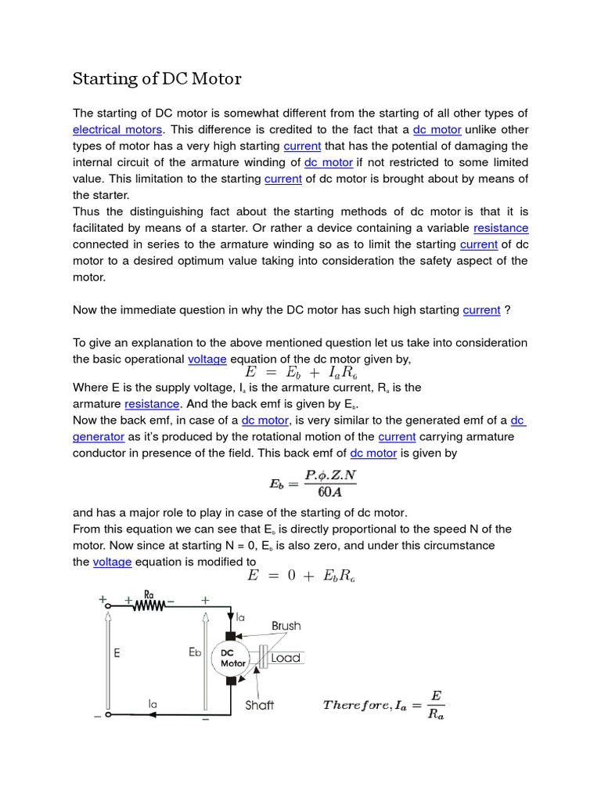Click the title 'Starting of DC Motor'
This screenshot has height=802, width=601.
157,79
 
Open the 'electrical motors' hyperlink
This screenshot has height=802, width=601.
117,129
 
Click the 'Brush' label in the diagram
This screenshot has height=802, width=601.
286,626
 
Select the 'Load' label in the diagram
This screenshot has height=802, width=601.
286,658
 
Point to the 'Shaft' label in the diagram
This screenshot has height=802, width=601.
259,705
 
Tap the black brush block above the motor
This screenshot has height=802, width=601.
231,634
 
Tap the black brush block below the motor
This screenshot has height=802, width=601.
231,681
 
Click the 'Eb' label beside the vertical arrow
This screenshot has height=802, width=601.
196,652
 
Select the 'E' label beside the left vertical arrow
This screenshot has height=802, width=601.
117,652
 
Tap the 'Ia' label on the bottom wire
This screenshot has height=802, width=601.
153,704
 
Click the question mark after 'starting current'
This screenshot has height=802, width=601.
508,310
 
